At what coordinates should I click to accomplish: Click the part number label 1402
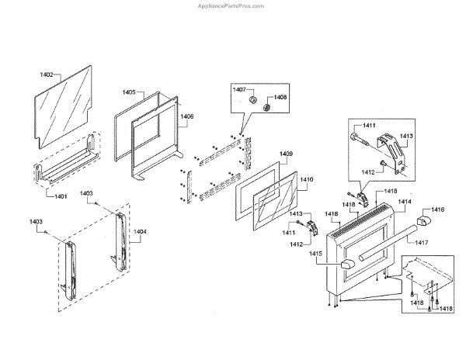(x=47, y=75)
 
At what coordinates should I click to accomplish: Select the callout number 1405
(x=128, y=92)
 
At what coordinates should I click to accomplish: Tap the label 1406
(x=187, y=117)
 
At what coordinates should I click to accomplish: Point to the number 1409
(x=286, y=154)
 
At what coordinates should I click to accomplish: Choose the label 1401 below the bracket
(x=61, y=196)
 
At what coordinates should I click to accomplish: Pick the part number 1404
(x=139, y=230)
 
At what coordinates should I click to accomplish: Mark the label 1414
(x=405, y=201)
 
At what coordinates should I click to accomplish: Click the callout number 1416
(x=438, y=209)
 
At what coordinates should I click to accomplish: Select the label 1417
(x=422, y=243)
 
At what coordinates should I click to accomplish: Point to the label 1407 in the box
(x=240, y=90)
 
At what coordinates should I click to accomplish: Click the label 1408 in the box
(x=280, y=98)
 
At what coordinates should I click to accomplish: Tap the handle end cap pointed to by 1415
(x=346, y=266)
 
